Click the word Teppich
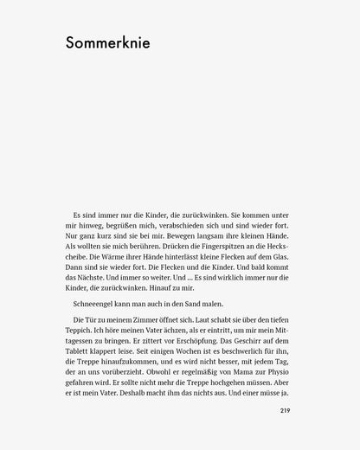pos(81,331)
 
